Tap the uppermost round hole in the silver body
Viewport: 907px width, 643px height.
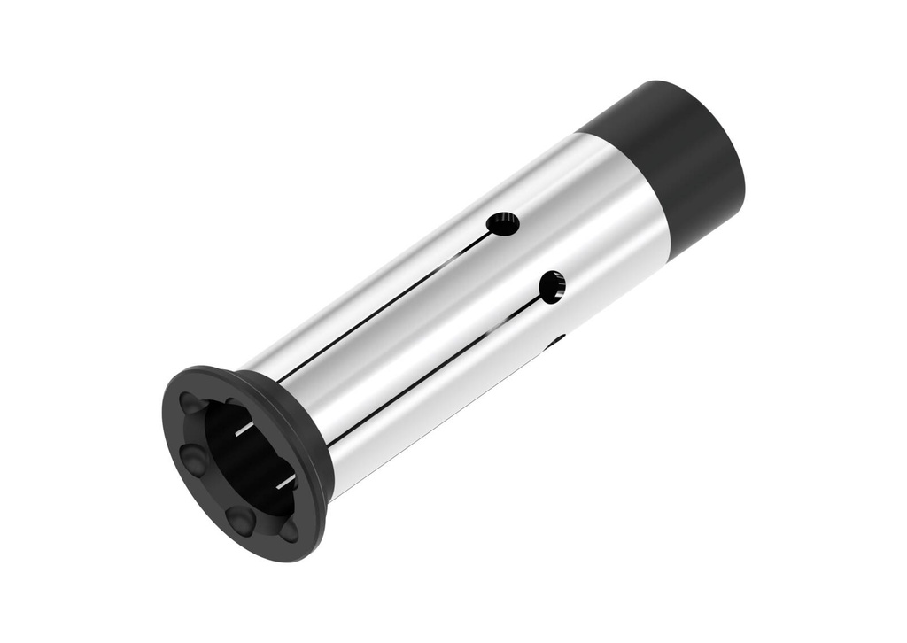pyautogui.click(x=503, y=224)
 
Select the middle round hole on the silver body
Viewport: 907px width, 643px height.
pyautogui.click(x=552, y=287)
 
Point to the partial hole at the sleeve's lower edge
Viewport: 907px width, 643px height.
pyautogui.click(x=555, y=340)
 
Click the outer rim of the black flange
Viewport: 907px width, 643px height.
pyautogui.click(x=177, y=461)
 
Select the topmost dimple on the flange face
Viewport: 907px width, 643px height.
pyautogui.click(x=190, y=404)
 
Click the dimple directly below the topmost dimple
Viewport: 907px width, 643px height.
pyautogui.click(x=194, y=458)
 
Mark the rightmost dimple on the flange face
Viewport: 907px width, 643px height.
pyautogui.click(x=289, y=531)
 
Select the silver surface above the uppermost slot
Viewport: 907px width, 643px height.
pyautogui.click(x=399, y=257)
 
